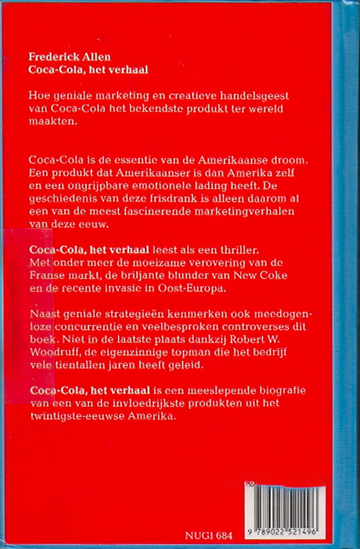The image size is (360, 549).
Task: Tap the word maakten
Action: tap(48, 123)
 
